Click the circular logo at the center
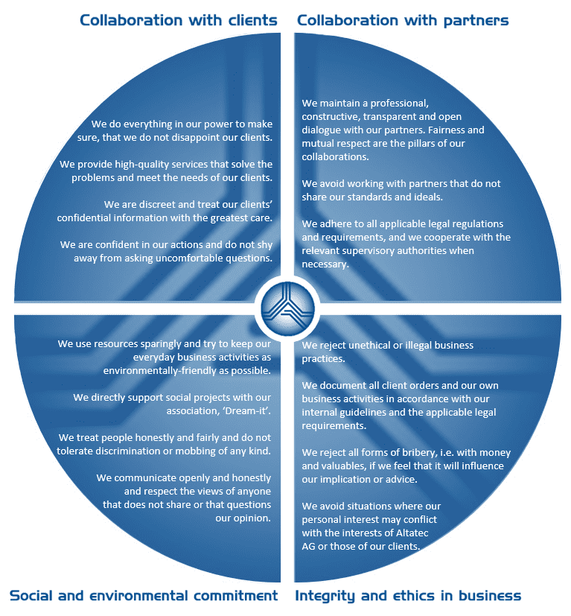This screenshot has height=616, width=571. click(x=288, y=308)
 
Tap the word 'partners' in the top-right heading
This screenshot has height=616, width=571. click(x=476, y=21)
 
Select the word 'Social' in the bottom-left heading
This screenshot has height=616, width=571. click(x=31, y=596)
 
